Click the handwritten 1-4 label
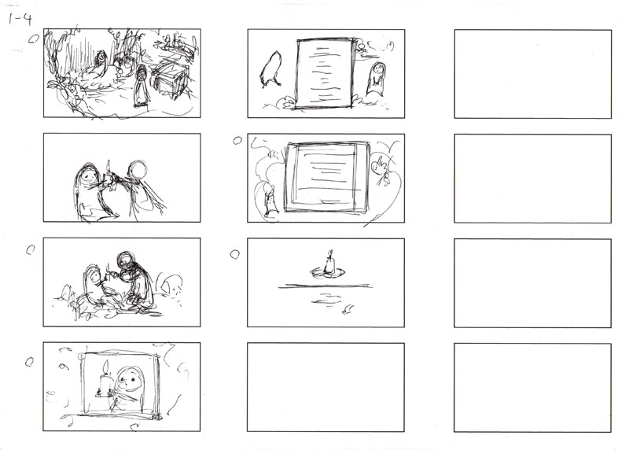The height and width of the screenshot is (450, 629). [x=20, y=19]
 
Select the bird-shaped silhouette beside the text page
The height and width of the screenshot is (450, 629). [x=270, y=69]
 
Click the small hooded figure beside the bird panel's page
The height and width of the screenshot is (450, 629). [x=377, y=79]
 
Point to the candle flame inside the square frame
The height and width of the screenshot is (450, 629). [x=106, y=367]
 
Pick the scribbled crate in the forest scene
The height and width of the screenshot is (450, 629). [x=171, y=79]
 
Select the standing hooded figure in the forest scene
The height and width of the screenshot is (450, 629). [x=142, y=86]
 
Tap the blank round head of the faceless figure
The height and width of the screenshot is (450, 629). [x=138, y=169]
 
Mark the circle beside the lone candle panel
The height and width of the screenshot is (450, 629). [x=234, y=255]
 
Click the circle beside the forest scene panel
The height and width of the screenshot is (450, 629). [x=34, y=39]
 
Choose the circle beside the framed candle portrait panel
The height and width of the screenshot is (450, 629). [x=29, y=362]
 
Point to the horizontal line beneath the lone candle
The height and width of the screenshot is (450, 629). [x=325, y=286]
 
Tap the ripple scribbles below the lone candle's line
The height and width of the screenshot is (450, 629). [x=326, y=299]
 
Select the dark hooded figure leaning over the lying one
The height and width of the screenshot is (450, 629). [x=135, y=281]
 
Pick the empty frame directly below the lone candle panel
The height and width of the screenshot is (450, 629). [x=326, y=387]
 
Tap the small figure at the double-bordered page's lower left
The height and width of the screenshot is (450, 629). [x=271, y=202]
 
